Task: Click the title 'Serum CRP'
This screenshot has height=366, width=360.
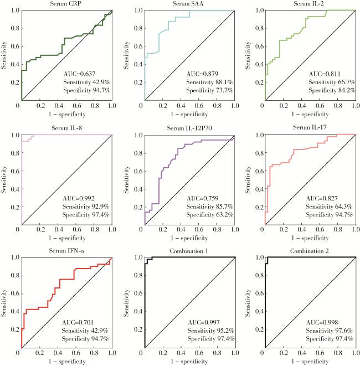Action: [66, 4]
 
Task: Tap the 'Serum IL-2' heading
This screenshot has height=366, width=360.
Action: [310, 4]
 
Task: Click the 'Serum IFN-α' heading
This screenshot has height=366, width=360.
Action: [66, 252]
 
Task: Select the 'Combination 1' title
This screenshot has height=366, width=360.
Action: [188, 252]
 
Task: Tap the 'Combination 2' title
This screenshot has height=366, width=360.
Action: [310, 252]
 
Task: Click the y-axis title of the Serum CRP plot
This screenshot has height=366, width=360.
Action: [5, 54]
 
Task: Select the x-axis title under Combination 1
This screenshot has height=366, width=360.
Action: [188, 362]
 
